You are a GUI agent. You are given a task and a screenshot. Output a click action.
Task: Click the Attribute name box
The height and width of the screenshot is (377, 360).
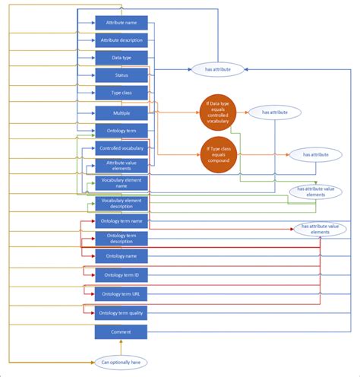coord(122,23)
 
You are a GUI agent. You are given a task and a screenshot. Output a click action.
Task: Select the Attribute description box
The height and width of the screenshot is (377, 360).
coord(122,40)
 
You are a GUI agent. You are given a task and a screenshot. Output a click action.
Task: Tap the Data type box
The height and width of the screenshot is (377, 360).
coord(122,58)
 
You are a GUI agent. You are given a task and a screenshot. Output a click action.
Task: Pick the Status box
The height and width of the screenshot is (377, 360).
coord(122,75)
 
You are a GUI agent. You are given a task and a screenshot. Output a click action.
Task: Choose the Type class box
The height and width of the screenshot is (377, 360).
coord(122,93)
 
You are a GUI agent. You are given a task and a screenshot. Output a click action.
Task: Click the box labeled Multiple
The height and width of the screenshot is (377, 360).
coord(122,112)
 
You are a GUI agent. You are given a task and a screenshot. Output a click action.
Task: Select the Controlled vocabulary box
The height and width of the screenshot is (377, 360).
coord(122,148)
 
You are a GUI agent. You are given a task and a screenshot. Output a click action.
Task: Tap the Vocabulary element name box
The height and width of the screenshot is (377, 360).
coord(122,183)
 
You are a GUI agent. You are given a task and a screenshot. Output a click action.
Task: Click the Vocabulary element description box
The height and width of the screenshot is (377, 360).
coord(122,203)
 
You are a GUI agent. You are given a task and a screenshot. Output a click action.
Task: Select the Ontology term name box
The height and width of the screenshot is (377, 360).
coord(122,221)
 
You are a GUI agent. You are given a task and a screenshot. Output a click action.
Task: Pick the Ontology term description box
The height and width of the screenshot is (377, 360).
coord(122,239)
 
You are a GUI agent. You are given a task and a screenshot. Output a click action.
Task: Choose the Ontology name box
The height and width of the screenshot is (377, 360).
coord(122,257)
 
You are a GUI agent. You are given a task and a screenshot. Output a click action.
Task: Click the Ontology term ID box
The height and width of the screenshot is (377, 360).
coord(122,274)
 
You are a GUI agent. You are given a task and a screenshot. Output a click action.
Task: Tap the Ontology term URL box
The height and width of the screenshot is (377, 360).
coord(122,293)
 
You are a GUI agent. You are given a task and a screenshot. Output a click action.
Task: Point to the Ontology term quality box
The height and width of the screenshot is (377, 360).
coord(122,312)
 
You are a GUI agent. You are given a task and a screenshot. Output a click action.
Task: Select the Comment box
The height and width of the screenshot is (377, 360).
coord(122,332)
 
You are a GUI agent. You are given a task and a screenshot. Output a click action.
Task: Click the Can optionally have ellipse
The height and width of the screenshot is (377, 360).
coord(122,362)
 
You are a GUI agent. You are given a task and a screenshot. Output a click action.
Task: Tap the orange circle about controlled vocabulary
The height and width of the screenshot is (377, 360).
coord(218,110)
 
